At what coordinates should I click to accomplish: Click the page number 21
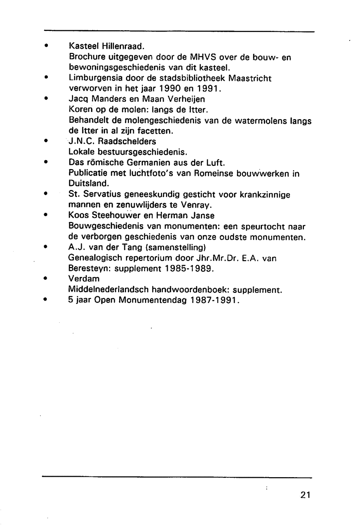(305, 494)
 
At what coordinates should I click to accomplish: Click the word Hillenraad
(123, 46)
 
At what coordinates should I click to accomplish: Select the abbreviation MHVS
(203, 57)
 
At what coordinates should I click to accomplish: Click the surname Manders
(110, 99)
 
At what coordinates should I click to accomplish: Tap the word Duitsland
(88, 184)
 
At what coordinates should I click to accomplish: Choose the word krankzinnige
(265, 195)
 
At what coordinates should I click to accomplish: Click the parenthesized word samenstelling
(175, 248)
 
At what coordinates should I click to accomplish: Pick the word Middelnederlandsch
(109, 290)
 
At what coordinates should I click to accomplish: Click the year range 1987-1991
(215, 300)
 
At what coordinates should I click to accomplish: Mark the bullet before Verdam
(46, 279)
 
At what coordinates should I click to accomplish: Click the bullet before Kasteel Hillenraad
(46, 46)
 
